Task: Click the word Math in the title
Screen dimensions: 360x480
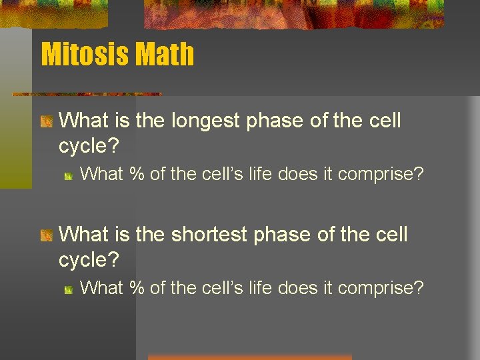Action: coord(165,54)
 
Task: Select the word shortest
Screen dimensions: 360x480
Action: coord(207,234)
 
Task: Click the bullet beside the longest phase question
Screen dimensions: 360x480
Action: coord(46,121)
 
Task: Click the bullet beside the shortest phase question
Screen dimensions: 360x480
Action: coord(46,235)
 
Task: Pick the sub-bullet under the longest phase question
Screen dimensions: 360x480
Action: coord(69,175)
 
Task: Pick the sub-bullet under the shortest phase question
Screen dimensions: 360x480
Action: coord(69,289)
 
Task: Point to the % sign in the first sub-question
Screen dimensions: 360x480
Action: coord(137,174)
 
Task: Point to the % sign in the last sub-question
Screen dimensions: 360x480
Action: coord(137,287)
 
